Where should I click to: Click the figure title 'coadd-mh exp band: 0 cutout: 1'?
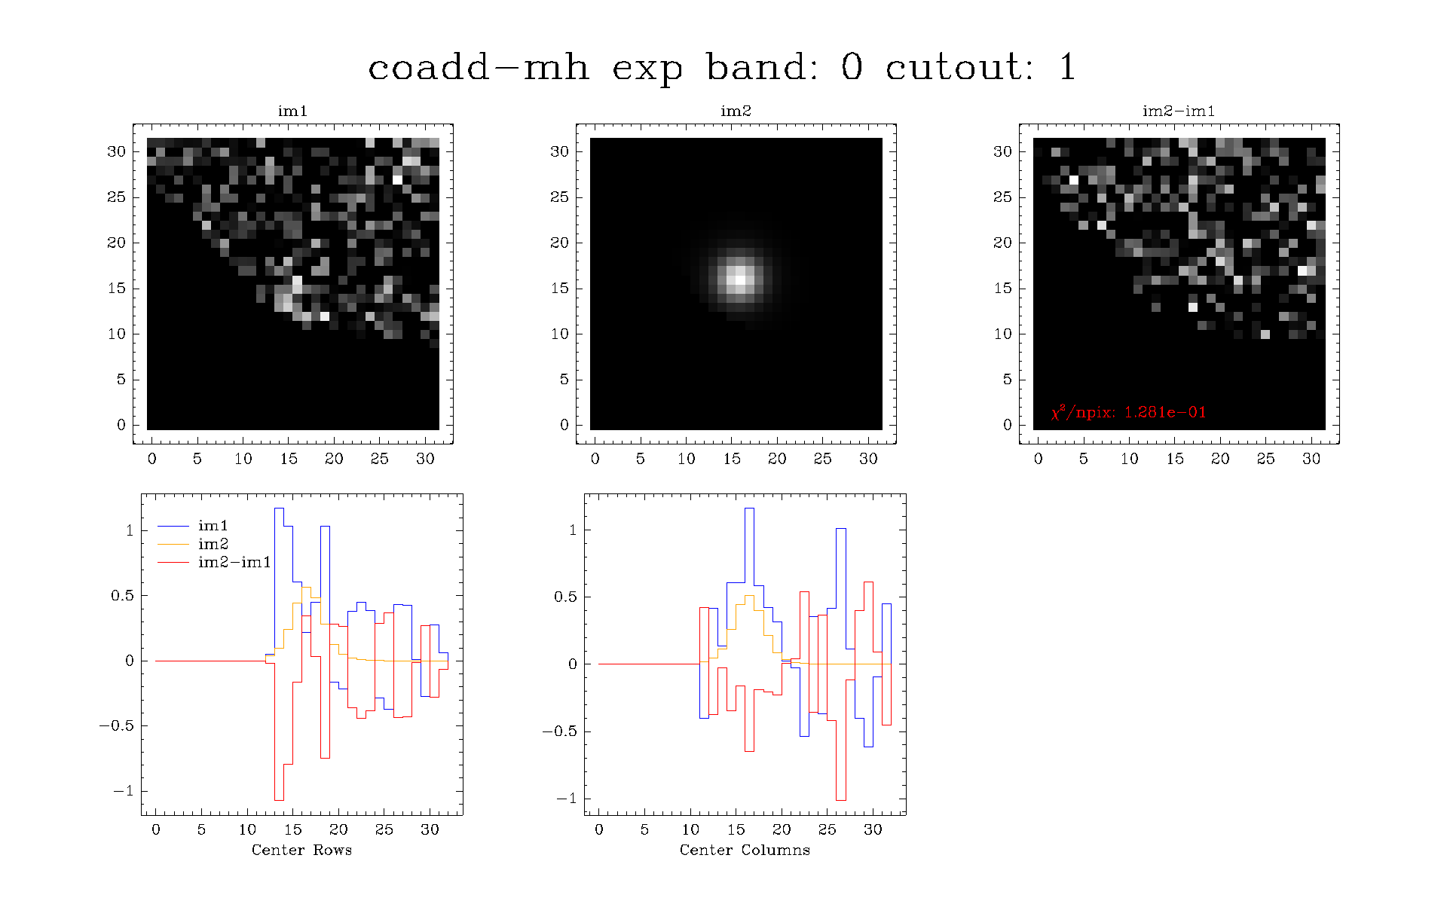point(721,67)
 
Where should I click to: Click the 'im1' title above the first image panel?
point(292,111)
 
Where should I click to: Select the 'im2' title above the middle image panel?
point(736,111)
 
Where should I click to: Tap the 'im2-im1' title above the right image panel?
point(1179,111)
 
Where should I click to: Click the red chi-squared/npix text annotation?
point(1128,412)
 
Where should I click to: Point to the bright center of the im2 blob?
point(740,279)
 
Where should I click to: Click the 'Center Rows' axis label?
point(301,850)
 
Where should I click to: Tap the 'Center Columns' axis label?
point(745,850)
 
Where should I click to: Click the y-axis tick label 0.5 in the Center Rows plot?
point(123,595)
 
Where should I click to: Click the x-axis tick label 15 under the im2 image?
point(732,459)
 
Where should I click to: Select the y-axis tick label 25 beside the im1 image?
point(116,197)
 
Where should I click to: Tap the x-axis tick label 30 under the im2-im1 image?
point(1311,459)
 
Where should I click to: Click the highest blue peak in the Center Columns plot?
point(749,508)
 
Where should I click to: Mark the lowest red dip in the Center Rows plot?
point(279,800)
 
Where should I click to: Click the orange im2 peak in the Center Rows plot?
point(306,587)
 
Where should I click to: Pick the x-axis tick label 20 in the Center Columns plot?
point(782,829)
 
